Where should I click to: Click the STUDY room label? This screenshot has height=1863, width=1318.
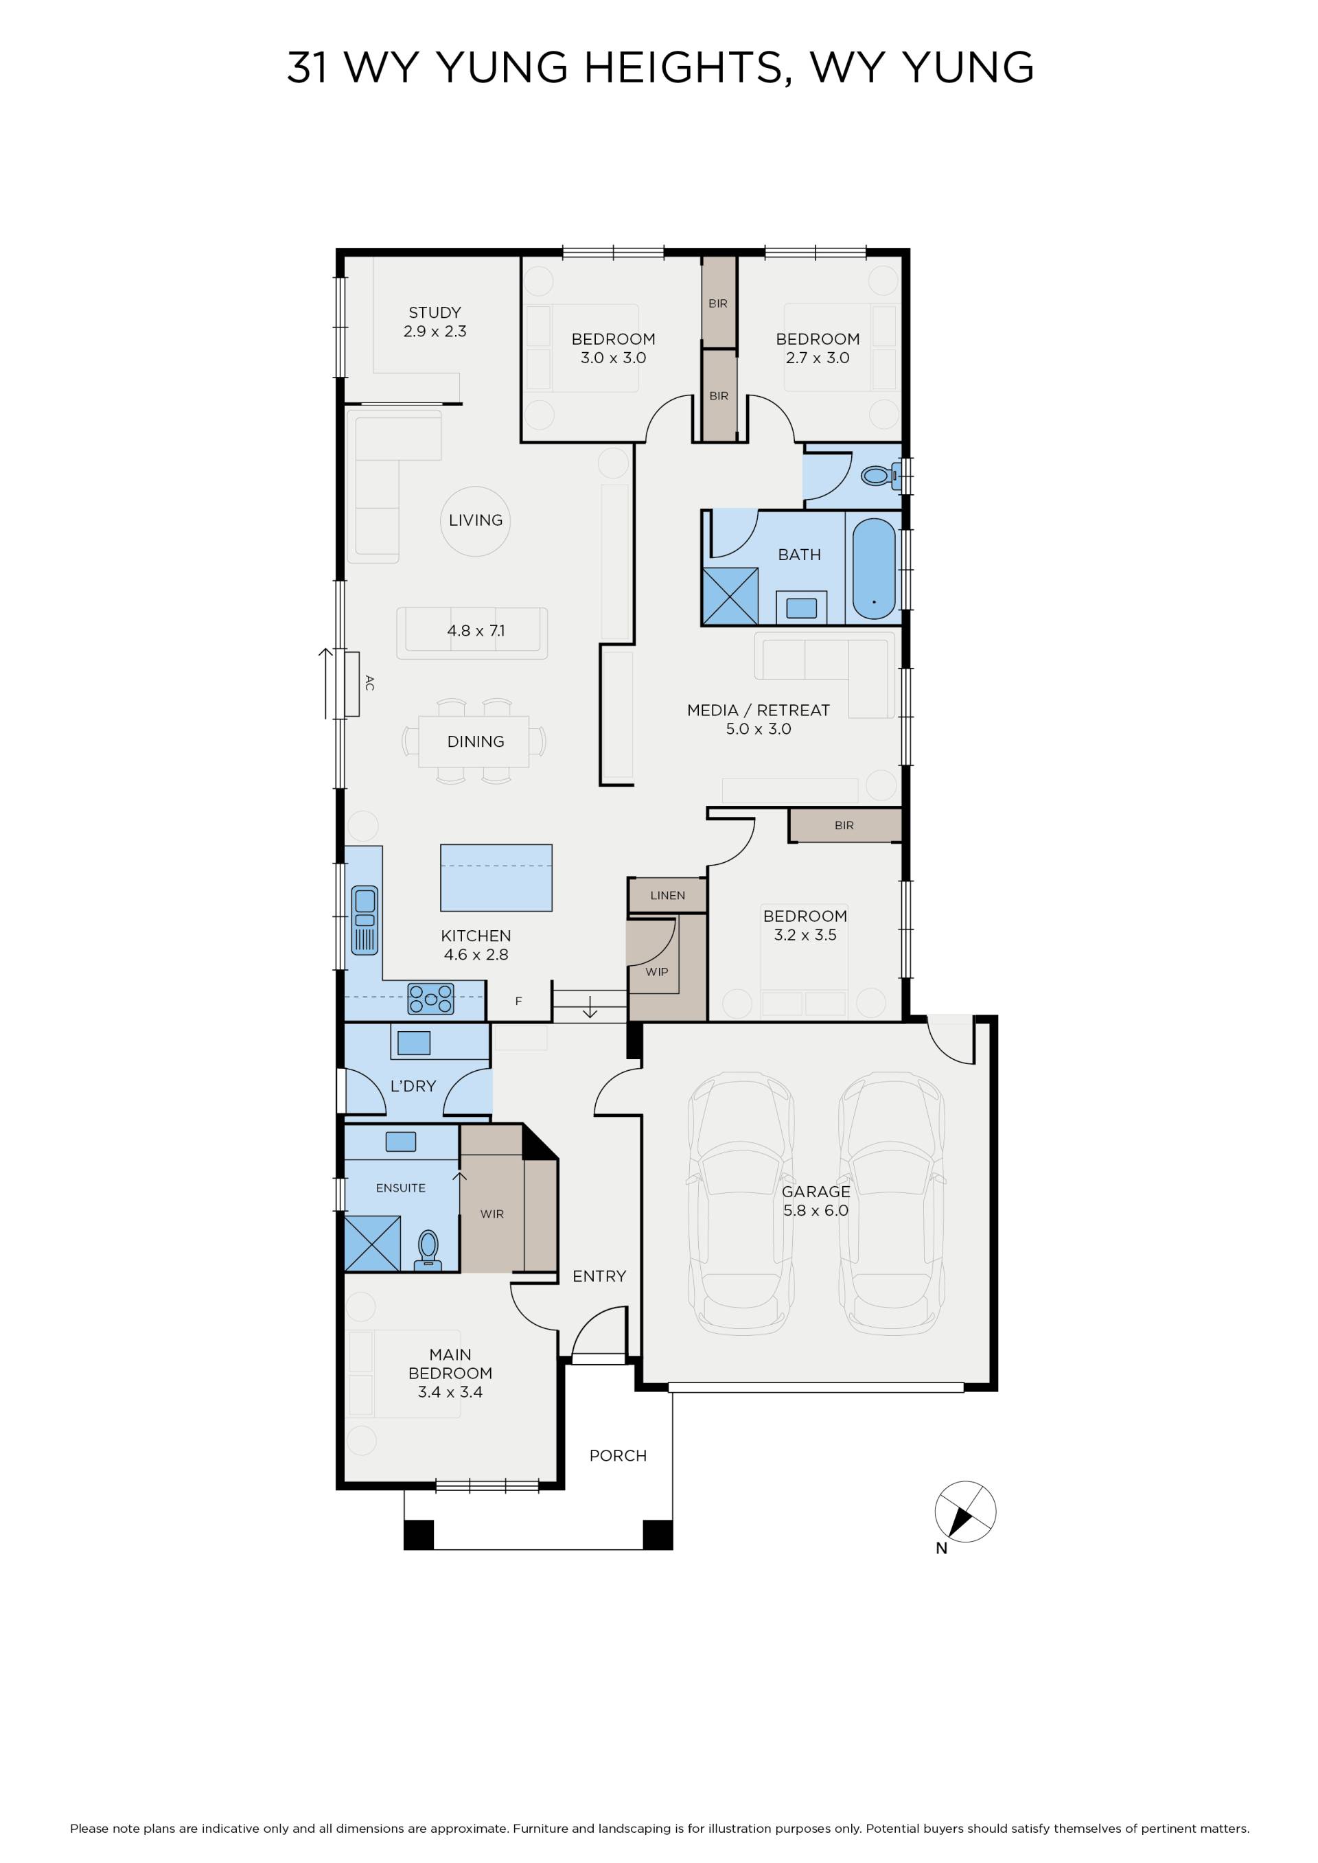click(x=435, y=312)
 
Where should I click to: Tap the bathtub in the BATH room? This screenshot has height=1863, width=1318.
click(x=873, y=569)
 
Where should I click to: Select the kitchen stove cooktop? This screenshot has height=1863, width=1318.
click(x=431, y=999)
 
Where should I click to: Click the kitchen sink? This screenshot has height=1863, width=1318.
click(x=365, y=919)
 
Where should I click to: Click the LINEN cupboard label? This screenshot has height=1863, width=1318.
click(x=667, y=896)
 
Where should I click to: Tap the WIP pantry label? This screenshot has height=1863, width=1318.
click(x=656, y=971)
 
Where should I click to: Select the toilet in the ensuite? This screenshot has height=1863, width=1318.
click(x=428, y=1251)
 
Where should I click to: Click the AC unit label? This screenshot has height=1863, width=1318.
click(x=369, y=683)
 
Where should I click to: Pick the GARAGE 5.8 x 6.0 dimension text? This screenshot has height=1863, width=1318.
click(x=816, y=1211)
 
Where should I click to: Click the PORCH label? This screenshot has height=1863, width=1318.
click(x=618, y=1456)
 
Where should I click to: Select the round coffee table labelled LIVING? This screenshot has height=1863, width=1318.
click(x=476, y=521)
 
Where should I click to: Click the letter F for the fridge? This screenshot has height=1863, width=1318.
click(x=518, y=1002)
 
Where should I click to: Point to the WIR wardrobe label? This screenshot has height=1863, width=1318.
click(x=492, y=1214)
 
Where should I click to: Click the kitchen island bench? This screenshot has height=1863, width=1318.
click(x=496, y=878)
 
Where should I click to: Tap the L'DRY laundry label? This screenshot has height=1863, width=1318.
click(x=413, y=1086)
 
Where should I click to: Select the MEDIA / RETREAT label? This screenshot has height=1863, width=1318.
click(x=758, y=710)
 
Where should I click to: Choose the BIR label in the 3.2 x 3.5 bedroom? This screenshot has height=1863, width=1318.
click(x=844, y=825)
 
